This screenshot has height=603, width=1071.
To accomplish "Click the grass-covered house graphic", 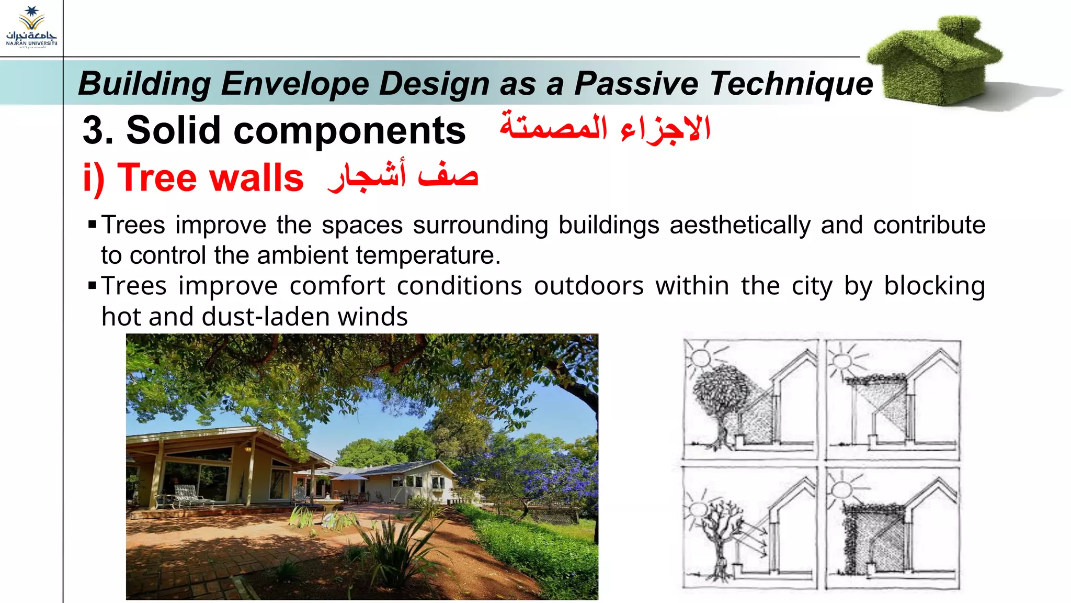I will click(x=936, y=60).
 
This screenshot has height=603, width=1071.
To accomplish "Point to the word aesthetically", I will click(x=740, y=225).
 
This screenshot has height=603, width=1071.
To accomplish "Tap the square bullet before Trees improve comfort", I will click(x=93, y=286).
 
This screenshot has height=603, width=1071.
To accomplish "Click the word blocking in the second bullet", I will click(x=934, y=286).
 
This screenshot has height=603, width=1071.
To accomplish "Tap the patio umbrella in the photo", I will click(x=349, y=477).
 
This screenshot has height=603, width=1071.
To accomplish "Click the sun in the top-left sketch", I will click(x=700, y=359).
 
